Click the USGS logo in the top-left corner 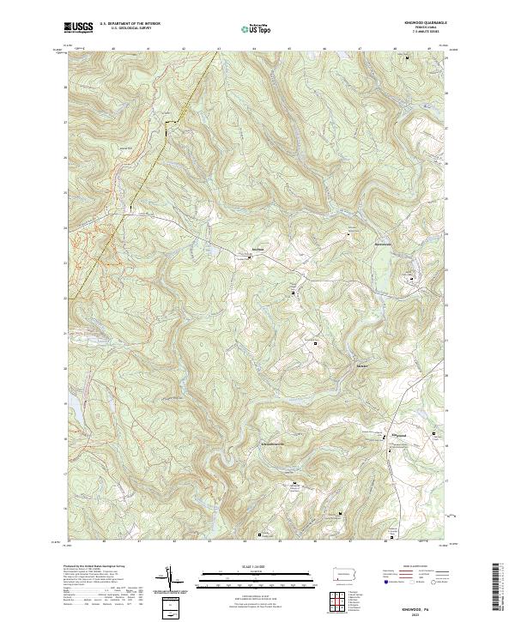pyautogui.click(x=79, y=27)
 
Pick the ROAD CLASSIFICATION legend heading pyautogui.click(x=412, y=567)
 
